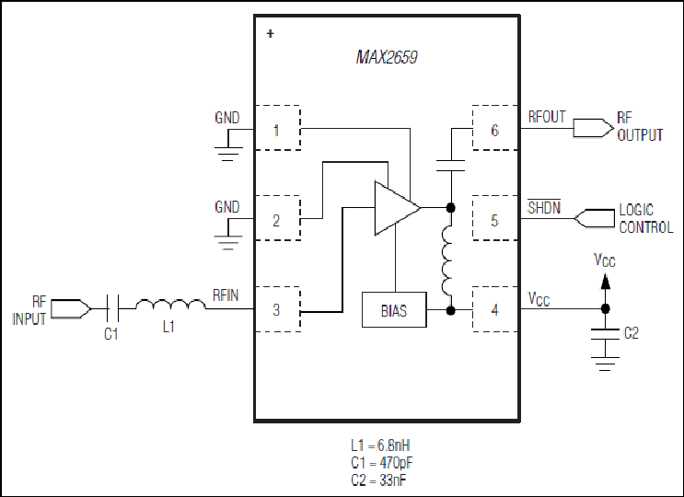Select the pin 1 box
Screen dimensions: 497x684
pyautogui.click(x=277, y=130)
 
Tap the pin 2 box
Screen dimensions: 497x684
pyautogui.click(x=277, y=219)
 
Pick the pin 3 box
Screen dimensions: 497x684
pyautogui.click(x=277, y=309)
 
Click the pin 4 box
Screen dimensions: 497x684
pyautogui.click(x=494, y=309)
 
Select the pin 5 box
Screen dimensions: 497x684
pyautogui.click(x=494, y=219)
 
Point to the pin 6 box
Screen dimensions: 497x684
pyautogui.click(x=494, y=130)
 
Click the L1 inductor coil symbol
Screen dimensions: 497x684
pyautogui.click(x=169, y=305)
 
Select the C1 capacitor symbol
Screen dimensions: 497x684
pyautogui.click(x=111, y=306)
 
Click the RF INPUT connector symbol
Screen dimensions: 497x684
pyautogui.click(x=77, y=306)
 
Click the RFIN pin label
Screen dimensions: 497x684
pyautogui.click(x=226, y=295)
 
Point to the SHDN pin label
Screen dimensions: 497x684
pyautogui.click(x=543, y=207)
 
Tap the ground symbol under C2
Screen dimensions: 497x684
pyautogui.click(x=605, y=363)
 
